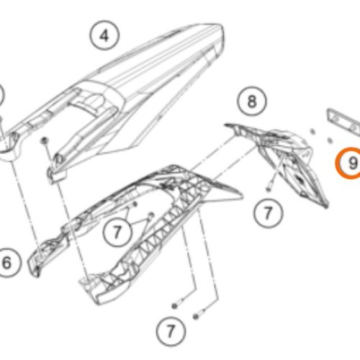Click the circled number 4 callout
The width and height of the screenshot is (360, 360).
pyautogui.click(x=104, y=36)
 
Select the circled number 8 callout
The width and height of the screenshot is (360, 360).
pyautogui.click(x=252, y=102)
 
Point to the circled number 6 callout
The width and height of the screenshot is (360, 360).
pyautogui.click(x=7, y=262)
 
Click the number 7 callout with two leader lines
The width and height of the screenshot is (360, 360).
pyautogui.click(x=117, y=232)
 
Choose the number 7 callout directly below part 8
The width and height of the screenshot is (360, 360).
pyautogui.click(x=269, y=213)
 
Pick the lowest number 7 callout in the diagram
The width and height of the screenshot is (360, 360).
pyautogui.click(x=171, y=331)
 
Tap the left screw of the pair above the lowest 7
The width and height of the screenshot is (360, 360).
pyautogui.click(x=176, y=304)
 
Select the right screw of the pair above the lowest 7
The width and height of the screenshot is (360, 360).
pyautogui.click(x=198, y=315)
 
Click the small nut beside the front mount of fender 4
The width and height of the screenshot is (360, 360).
pyautogui.click(x=44, y=140)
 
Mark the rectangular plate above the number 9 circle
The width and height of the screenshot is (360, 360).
pyautogui.click(x=344, y=122)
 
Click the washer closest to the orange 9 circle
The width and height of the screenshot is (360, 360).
pyautogui.click(x=330, y=140)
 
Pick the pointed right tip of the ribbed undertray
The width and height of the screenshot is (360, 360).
pyautogui.click(x=241, y=197)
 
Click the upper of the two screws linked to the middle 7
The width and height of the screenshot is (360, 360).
pyautogui.click(x=135, y=204)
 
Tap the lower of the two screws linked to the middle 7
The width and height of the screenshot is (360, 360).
pyautogui.click(x=150, y=215)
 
